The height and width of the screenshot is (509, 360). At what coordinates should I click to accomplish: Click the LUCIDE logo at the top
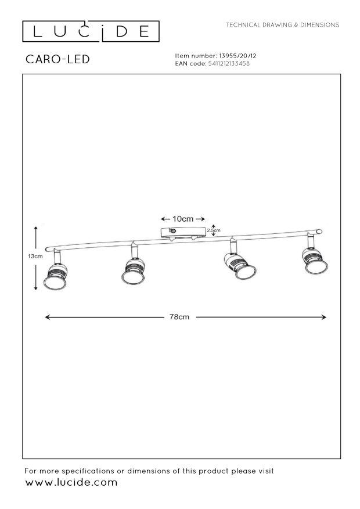point(91,31)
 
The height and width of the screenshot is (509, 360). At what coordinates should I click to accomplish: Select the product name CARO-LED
point(58,59)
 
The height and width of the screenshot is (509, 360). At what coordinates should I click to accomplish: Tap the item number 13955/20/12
point(238,56)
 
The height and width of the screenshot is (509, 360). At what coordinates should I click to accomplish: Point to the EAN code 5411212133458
point(229,63)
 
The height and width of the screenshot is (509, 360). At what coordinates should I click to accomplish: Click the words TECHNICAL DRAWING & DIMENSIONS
point(282,25)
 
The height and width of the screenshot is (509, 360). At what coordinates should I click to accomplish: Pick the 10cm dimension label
point(183,219)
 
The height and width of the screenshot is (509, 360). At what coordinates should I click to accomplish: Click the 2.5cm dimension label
point(214,230)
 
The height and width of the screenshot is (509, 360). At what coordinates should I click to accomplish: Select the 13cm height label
point(35,256)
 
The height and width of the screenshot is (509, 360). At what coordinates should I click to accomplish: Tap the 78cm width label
point(179,317)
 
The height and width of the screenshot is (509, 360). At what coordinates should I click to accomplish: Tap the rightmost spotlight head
point(315,259)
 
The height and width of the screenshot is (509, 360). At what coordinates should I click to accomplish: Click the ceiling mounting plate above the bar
point(183,232)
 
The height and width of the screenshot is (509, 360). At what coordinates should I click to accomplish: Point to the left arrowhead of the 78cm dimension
point(47,317)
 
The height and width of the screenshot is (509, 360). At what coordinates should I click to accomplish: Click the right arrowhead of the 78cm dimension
point(323,317)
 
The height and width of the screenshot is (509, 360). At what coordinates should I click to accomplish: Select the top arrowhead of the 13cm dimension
point(35,229)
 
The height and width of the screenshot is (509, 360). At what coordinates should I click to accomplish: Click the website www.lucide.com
point(71,482)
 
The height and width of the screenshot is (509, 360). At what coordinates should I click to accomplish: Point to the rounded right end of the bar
point(319,231)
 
